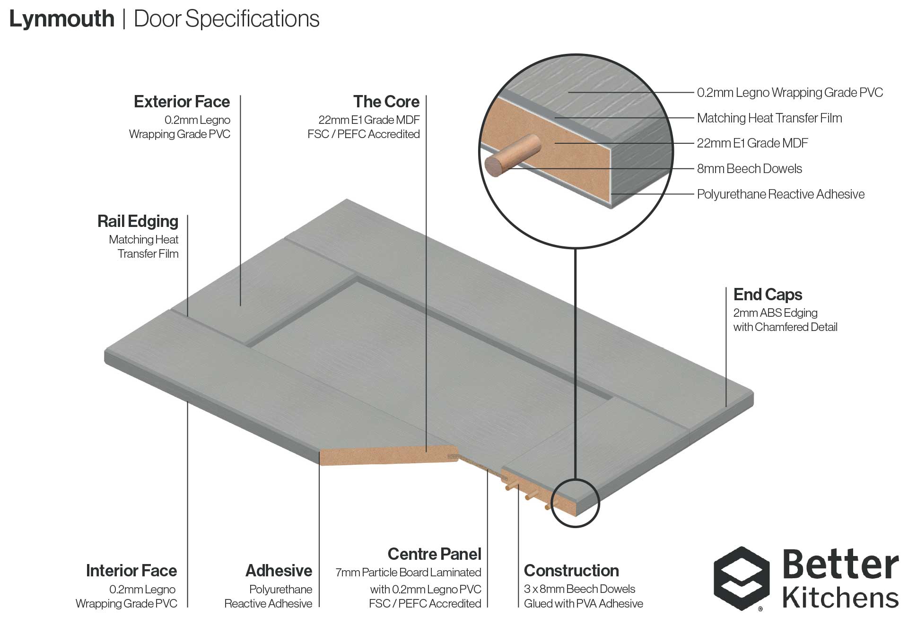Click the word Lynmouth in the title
click(62, 19)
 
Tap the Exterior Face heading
click(182, 102)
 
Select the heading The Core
click(386, 102)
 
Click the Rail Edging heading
click(138, 221)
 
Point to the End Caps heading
click(768, 295)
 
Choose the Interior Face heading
click(131, 571)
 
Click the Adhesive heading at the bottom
click(279, 571)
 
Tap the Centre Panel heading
click(435, 554)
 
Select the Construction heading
click(571, 571)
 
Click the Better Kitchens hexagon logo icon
click(742, 578)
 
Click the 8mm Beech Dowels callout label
click(750, 168)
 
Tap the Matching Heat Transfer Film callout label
click(769, 118)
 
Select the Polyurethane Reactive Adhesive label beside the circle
click(781, 194)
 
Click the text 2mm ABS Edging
click(776, 313)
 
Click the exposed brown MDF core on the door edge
click(388, 456)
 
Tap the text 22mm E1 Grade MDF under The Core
click(369, 120)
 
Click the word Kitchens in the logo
click(840, 598)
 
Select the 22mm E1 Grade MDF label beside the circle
click(752, 143)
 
